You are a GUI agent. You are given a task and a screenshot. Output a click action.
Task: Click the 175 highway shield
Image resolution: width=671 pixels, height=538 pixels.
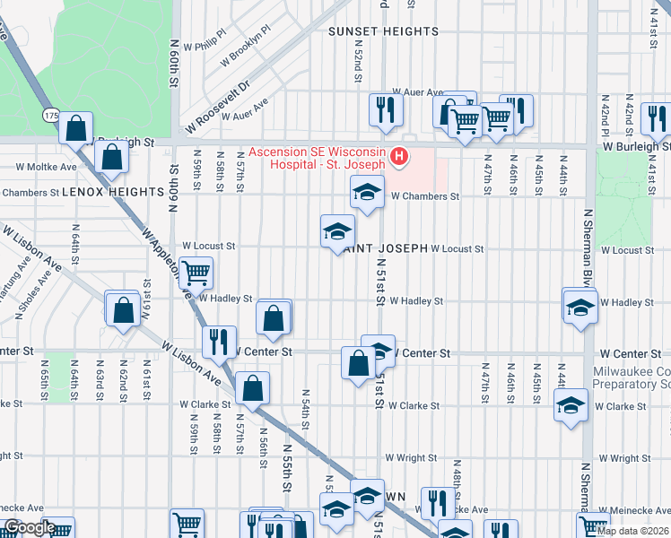tap(52, 116)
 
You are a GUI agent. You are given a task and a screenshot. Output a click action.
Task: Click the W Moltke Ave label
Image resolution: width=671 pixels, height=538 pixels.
tap(48, 167)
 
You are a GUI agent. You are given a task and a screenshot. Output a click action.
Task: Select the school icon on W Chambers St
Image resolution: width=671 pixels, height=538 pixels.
tap(367, 192)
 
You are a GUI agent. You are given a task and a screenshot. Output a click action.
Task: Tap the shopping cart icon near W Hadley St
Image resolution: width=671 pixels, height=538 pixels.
tap(195, 272)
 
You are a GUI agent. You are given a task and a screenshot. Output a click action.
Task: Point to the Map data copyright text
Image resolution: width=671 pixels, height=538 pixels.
tap(632, 531)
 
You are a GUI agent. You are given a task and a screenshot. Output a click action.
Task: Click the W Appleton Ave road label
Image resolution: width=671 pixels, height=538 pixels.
tap(164, 262)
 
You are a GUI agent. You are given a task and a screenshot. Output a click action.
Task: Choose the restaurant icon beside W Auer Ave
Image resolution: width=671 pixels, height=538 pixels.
tap(386, 109)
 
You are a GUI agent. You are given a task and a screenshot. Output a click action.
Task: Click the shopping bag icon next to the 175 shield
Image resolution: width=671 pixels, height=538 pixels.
tap(76, 127)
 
